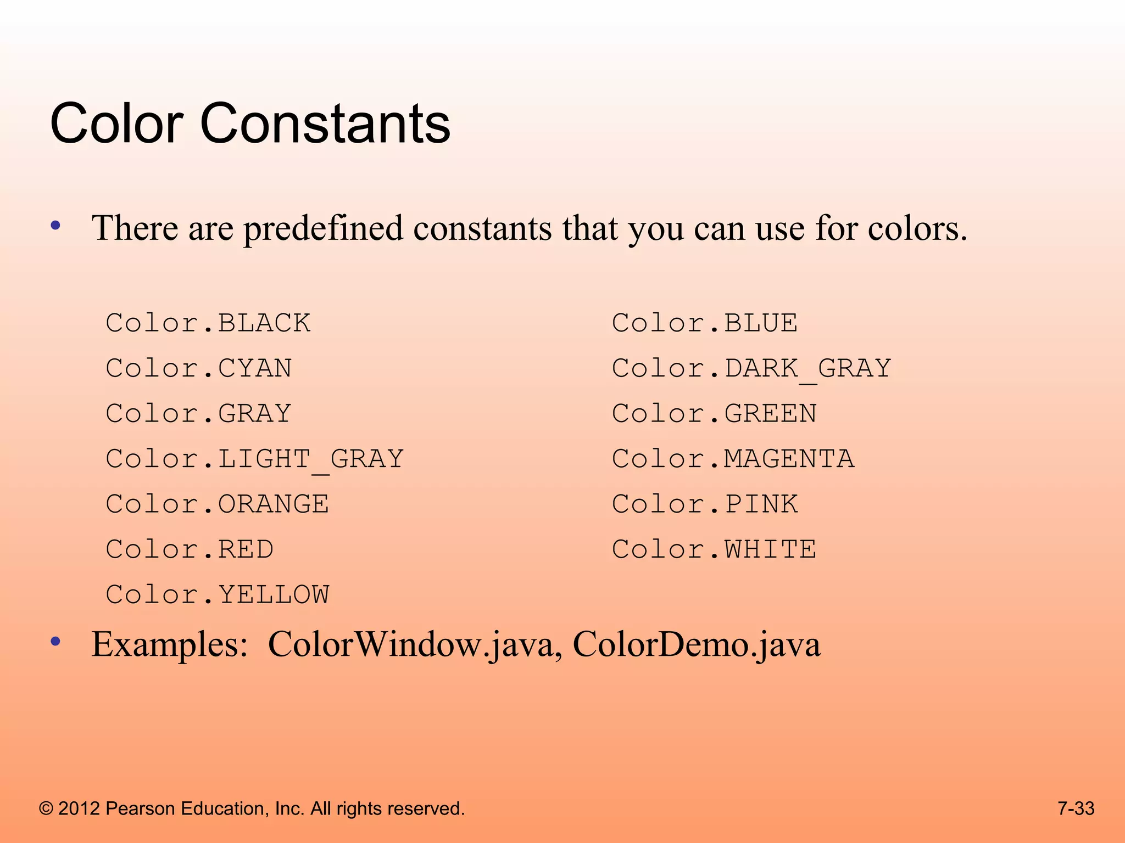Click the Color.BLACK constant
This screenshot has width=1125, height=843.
pos(208,323)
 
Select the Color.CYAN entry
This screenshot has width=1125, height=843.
pos(199,368)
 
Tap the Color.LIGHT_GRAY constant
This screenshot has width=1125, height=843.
pos(255,459)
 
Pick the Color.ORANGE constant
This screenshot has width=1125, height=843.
pos(218,504)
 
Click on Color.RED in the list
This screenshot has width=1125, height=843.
pos(190,549)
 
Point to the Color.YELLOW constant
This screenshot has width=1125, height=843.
pos(218,595)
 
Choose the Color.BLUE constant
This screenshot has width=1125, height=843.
pos(705,323)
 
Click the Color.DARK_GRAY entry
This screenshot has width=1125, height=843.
pos(751,368)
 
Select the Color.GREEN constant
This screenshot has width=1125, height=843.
pos(714,414)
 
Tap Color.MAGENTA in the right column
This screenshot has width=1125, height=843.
pos(733,459)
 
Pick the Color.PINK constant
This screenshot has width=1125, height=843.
pos(705,504)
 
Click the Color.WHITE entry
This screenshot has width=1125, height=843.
pos(714,549)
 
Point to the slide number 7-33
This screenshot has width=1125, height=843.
pos(1076,808)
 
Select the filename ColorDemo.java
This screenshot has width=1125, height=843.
pos(697,644)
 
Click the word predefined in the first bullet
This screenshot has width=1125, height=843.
pos(324,228)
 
